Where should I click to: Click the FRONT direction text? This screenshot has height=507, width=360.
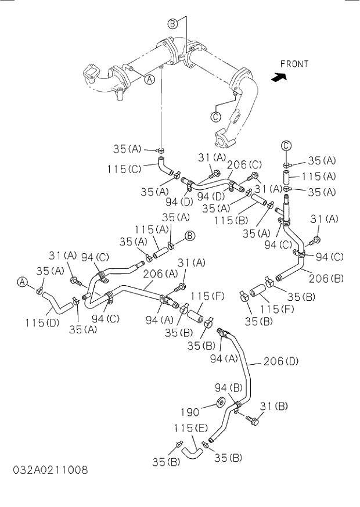click(294, 64)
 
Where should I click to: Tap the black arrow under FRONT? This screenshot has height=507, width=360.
click(279, 76)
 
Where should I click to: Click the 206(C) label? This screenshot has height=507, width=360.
click(244, 164)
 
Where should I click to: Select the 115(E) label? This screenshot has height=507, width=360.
click(190, 428)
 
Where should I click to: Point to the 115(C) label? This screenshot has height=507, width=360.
click(125, 169)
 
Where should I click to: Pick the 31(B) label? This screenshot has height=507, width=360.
click(273, 406)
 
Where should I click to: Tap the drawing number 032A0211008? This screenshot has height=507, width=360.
click(49, 470)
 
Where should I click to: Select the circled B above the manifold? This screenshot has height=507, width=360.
click(172, 24)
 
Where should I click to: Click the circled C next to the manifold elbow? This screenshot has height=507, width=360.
click(215, 116)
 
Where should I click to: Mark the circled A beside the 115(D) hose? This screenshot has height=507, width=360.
click(22, 282)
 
